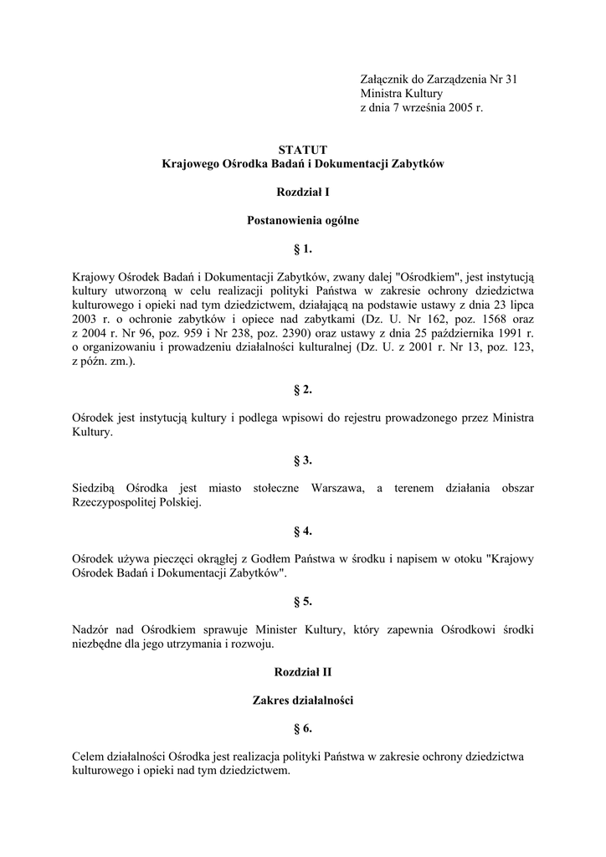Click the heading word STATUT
coord(303,150)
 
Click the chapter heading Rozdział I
coord(303,192)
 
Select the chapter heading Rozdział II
coord(303,671)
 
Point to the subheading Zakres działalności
coord(303,700)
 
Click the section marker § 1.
coord(303,249)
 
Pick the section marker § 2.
coord(303,389)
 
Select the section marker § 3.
coord(303,459)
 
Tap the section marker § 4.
coord(303,531)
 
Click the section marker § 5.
coord(303,601)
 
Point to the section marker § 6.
coord(303,728)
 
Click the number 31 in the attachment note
coord(510,80)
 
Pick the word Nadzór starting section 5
coord(93,629)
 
